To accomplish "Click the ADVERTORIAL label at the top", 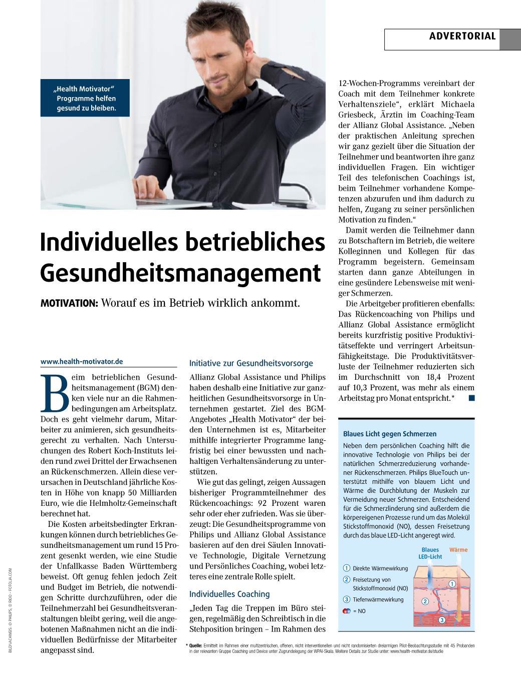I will [x=462, y=36].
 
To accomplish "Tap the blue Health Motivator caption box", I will [x=85, y=98].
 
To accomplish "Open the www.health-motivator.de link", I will [x=82, y=361].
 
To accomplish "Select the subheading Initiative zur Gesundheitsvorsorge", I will [x=251, y=363].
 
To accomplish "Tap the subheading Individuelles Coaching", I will [x=229, y=594].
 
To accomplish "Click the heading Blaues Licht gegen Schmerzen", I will [x=390, y=434].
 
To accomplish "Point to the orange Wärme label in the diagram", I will [x=458, y=549].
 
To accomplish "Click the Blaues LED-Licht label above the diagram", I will [x=430, y=553].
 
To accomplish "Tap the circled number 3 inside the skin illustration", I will [x=442, y=620].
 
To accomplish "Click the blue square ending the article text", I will [x=470, y=398].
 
